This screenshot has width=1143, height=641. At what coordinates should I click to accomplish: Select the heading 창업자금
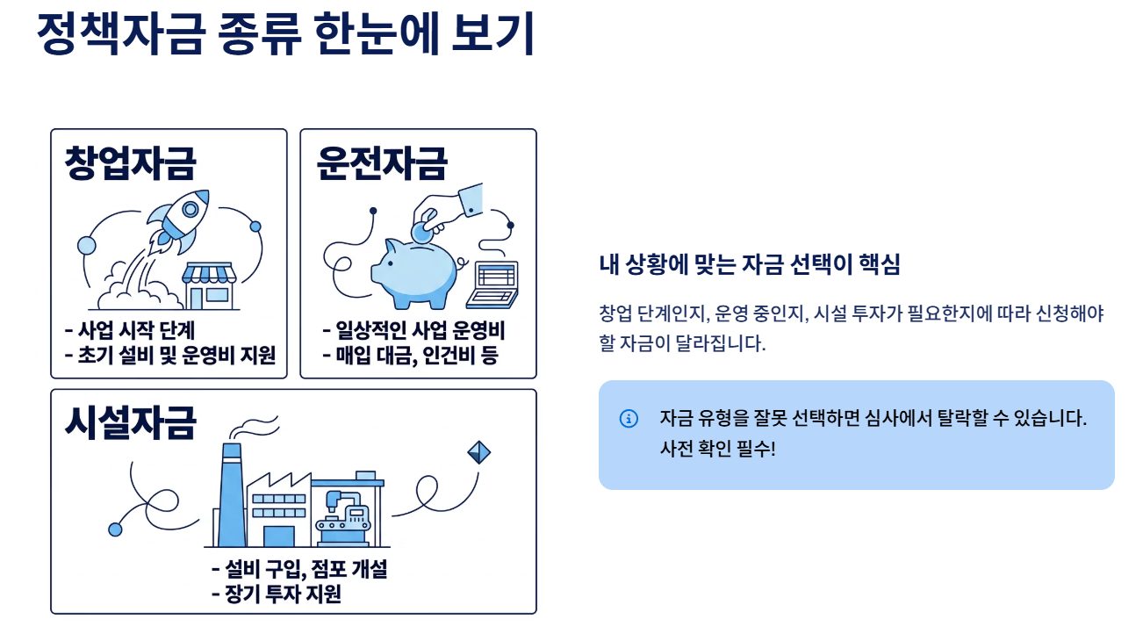point(130,162)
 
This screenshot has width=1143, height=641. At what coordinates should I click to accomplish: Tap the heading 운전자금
point(382,162)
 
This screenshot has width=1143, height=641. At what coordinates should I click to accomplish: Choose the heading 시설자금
point(130,421)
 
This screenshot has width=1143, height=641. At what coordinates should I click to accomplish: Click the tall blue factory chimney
point(231,496)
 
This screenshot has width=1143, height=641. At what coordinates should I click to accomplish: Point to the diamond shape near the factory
point(478,452)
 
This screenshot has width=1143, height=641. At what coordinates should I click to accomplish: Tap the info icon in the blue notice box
point(629,418)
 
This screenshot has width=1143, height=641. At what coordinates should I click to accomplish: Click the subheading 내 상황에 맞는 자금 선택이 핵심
point(750,265)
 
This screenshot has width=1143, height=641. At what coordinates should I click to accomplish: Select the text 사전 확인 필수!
point(717,450)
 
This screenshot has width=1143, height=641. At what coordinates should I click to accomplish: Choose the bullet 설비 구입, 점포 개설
point(298,569)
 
